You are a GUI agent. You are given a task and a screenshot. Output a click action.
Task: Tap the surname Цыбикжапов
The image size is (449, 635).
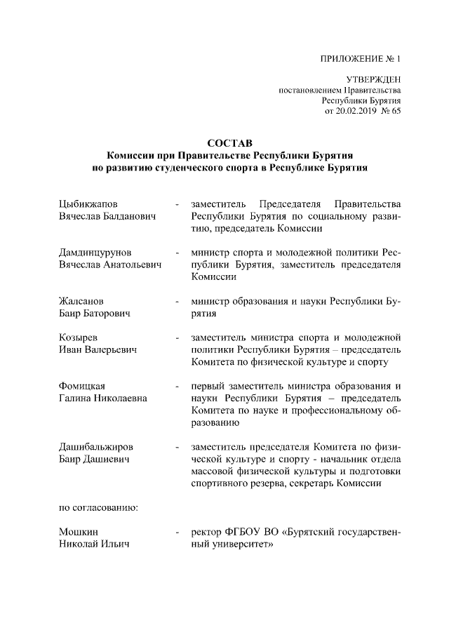(87, 203)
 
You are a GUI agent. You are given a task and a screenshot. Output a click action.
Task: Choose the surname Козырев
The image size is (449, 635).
(79, 337)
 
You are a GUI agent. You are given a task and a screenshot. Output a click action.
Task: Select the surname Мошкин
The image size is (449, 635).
(78, 531)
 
